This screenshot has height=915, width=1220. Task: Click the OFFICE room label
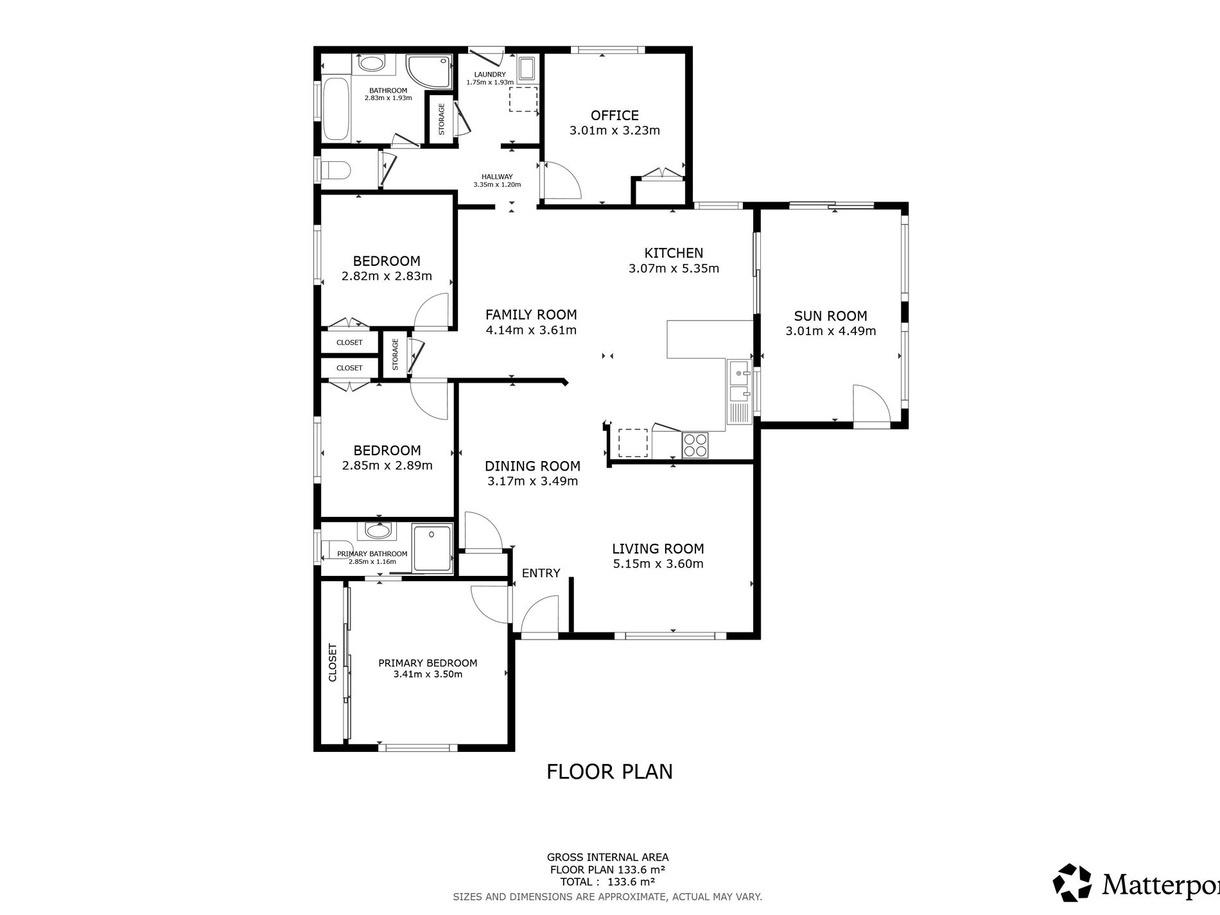coord(614,116)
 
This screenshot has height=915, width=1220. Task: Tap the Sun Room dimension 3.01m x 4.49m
coord(830,331)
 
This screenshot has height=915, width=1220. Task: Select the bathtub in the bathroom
coord(336,108)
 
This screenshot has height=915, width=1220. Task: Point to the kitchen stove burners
coord(695,445)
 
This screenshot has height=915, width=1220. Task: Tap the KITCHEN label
coord(674,253)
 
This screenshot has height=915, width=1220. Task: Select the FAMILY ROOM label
coord(531,315)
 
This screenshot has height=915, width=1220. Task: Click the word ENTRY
coord(541,573)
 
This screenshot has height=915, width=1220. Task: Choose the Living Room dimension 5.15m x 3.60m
coord(658,564)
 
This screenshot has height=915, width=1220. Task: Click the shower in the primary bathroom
coord(432,548)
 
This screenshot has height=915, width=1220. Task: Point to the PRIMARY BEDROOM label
coord(428,663)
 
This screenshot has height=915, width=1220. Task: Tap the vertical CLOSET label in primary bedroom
coord(333,662)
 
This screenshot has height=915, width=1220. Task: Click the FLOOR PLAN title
coord(609,771)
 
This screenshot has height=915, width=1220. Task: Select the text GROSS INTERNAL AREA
coord(607,857)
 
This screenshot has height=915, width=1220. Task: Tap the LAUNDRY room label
coord(490,74)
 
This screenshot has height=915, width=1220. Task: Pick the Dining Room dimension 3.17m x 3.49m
coord(532,481)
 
